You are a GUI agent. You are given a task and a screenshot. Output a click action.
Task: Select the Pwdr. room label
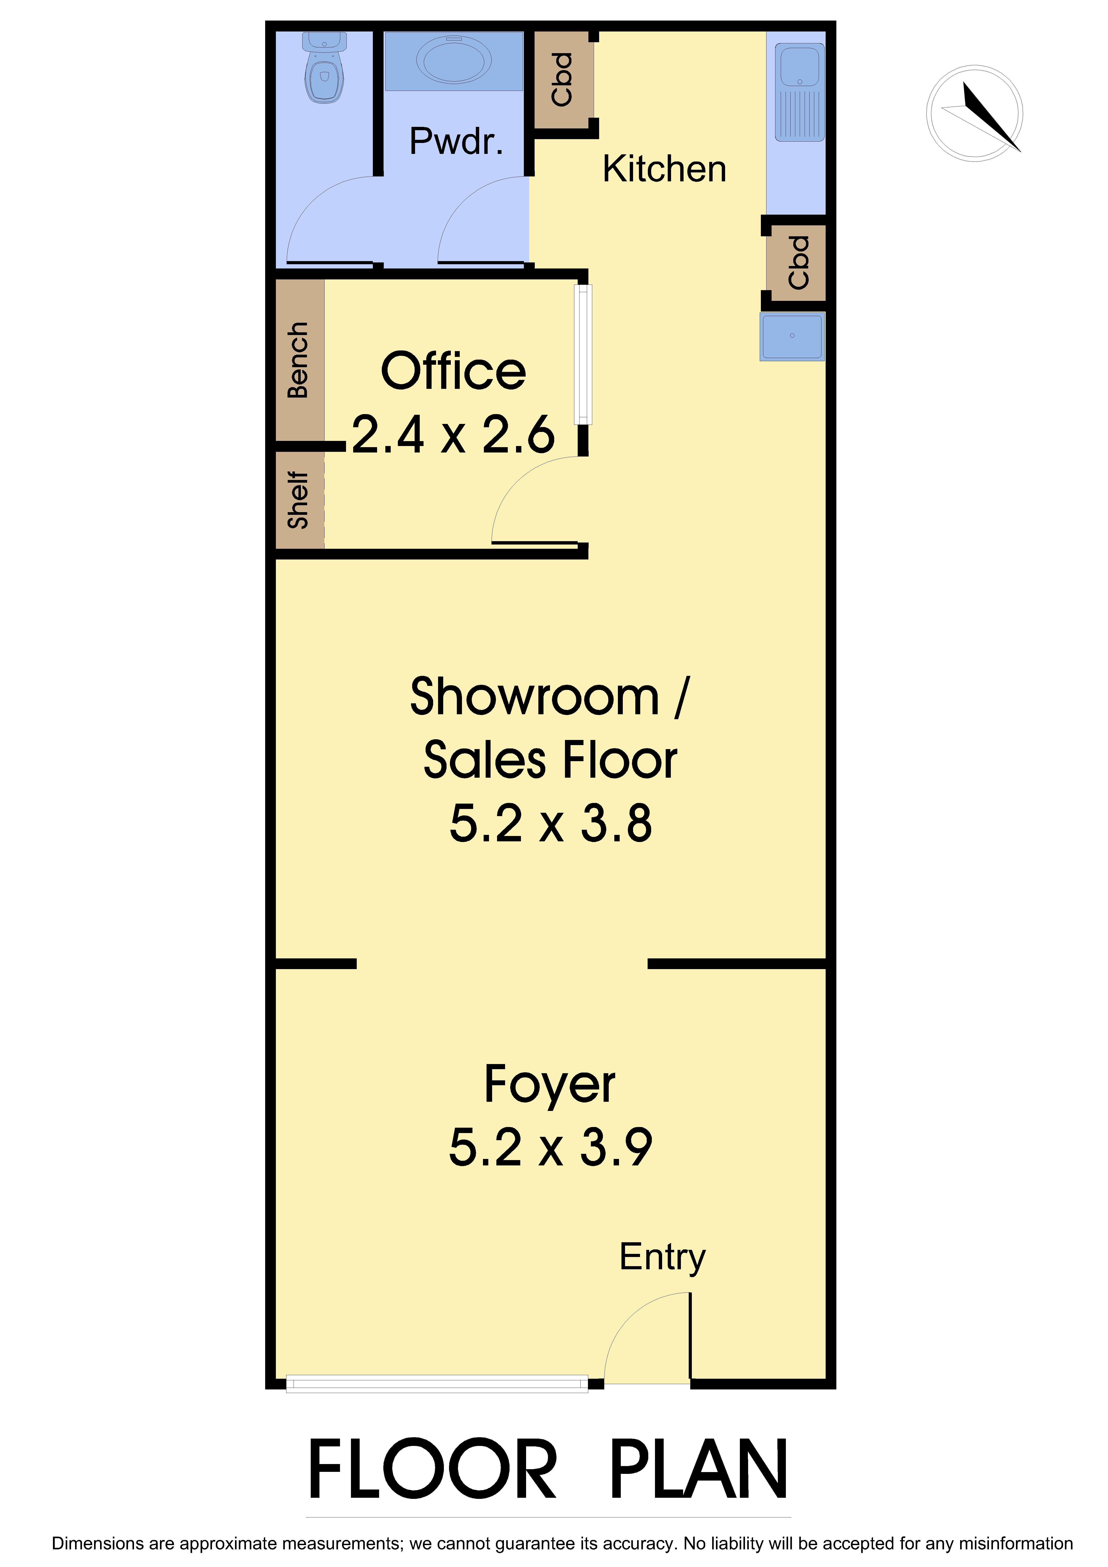pyautogui.click(x=456, y=141)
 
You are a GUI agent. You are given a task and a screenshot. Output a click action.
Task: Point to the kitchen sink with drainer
pyautogui.click(x=800, y=92)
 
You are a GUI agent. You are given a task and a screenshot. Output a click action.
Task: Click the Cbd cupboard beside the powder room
pyautogui.click(x=562, y=79)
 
